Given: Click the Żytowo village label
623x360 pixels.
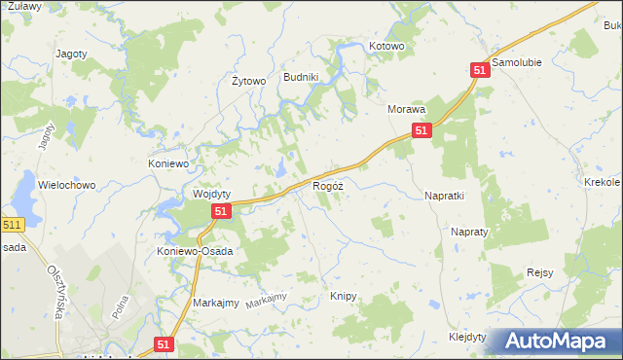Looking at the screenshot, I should [248, 81].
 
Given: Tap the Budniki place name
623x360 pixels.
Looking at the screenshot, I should [301, 77].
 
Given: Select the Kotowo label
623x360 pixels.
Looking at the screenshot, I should [386, 46].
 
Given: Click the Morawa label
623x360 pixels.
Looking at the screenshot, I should [407, 110].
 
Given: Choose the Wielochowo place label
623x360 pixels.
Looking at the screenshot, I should [65, 184].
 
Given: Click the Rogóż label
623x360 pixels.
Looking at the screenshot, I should [327, 185].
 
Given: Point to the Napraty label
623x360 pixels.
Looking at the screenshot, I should [468, 233].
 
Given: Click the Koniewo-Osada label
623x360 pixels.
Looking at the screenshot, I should [195, 251].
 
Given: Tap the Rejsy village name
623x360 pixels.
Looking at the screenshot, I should [539, 273].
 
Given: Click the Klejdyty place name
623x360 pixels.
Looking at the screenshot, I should [467, 336].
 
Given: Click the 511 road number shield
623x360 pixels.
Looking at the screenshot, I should [11, 225].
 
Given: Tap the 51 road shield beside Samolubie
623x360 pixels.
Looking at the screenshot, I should [479, 70].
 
